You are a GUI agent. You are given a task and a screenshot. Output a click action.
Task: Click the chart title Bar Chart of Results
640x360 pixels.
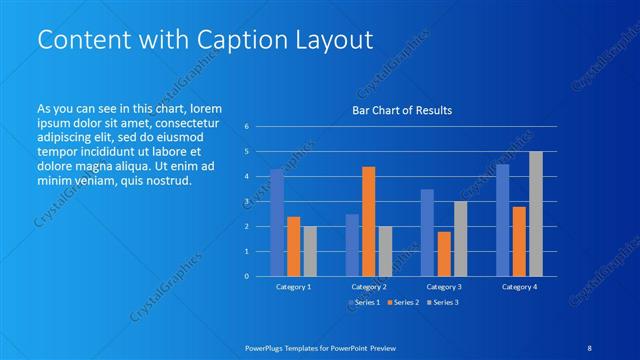pyautogui.click(x=401, y=109)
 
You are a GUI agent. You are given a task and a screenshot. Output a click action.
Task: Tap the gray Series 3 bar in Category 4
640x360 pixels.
pyautogui.click(x=536, y=214)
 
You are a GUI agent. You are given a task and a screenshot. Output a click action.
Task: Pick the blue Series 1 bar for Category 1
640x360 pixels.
pyautogui.click(x=277, y=223)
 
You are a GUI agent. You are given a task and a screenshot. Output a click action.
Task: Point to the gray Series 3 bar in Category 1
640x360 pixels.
pyautogui.click(x=310, y=251)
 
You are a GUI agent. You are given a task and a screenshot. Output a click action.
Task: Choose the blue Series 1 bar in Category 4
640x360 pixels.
pyautogui.click(x=502, y=220)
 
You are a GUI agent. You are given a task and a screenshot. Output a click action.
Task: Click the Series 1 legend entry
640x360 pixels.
pyautogui.click(x=366, y=302)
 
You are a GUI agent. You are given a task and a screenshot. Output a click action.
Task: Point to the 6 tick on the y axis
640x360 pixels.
pyautogui.click(x=246, y=126)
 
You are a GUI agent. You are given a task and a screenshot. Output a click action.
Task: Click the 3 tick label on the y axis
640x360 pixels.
pyautogui.click(x=246, y=202)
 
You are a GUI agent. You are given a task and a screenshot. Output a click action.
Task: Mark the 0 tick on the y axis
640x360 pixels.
pyautogui.click(x=246, y=277)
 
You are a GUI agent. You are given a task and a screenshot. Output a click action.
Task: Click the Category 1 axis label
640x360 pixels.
pyautogui.click(x=293, y=287)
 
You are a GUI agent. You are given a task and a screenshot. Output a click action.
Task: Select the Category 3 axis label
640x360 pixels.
pyautogui.click(x=443, y=287)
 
